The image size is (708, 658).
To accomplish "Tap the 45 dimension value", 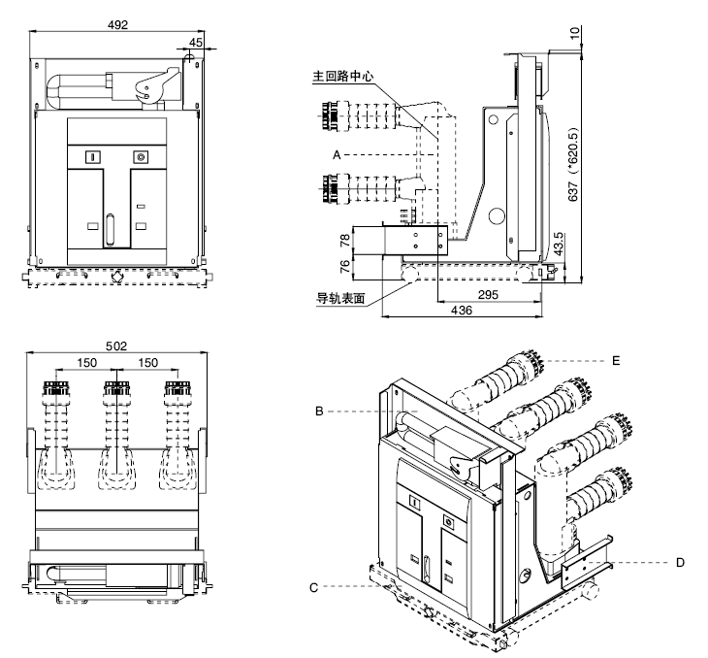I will point(196,42).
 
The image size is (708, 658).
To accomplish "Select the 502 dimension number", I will point(117,345).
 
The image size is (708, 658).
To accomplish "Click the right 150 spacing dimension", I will point(147,362).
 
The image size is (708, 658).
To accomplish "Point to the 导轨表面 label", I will point(340,298).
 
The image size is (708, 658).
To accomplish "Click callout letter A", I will point(337,154).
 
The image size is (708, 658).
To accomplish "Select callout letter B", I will point(318,411).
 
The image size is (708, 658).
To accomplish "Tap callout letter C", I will point(314,585).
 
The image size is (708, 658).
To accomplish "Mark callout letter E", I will point(615,359).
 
